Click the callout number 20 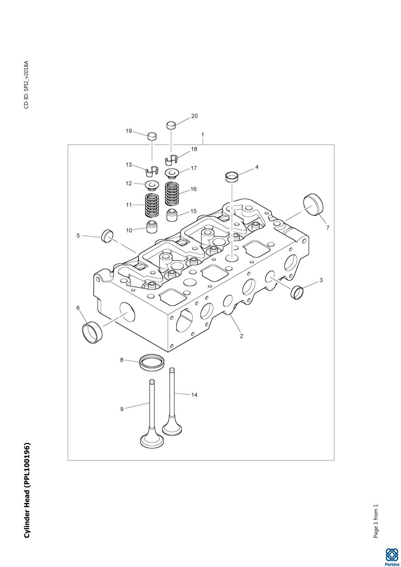click(194, 116)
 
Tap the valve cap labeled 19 click(152, 136)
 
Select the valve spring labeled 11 click(152, 205)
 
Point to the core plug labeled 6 click(92, 332)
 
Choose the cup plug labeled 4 click(232, 177)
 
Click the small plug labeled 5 click(107, 236)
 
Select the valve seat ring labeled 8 click(152, 362)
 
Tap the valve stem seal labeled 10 click(152, 226)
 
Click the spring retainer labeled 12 click(152, 186)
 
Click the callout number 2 click(241, 336)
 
